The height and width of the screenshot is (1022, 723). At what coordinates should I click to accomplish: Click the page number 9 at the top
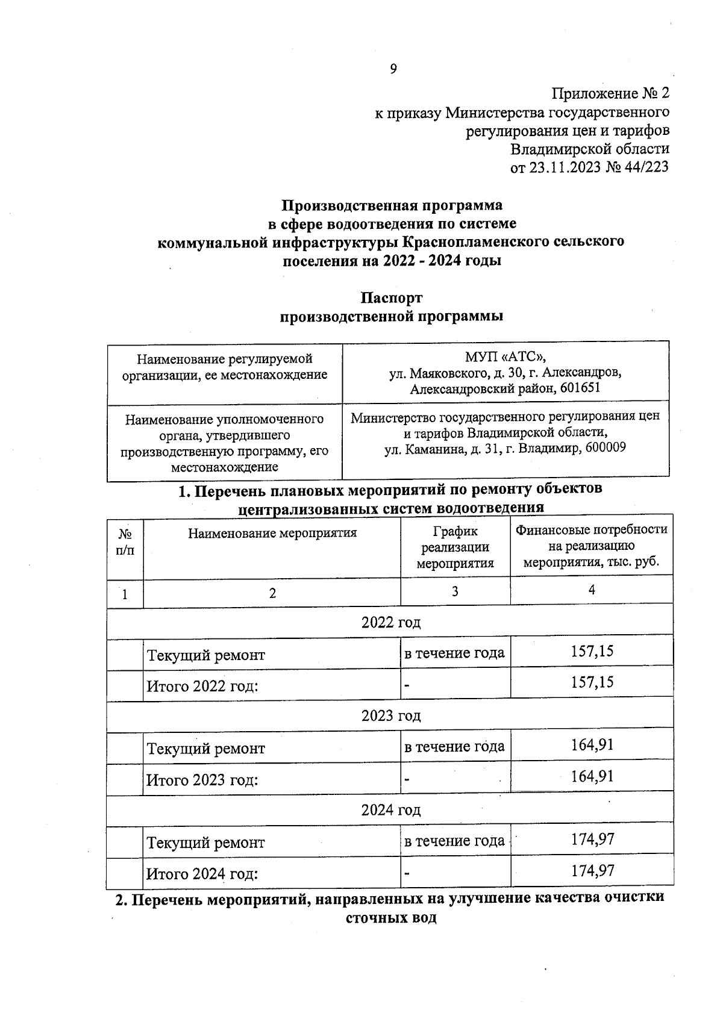pos(393,69)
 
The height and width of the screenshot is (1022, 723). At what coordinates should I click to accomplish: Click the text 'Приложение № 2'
pos(610,93)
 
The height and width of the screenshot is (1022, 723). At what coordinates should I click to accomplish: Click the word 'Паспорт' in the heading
pos(392,298)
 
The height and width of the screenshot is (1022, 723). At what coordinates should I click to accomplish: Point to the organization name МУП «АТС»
pos(505,357)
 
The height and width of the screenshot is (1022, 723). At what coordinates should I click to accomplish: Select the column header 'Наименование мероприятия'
pos(272,533)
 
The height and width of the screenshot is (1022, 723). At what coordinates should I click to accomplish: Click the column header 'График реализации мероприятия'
pos(455,547)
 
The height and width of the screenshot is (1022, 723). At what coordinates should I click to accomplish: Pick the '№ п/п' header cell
pos(125,542)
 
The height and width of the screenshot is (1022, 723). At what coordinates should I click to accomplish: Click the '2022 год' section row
pos(390,622)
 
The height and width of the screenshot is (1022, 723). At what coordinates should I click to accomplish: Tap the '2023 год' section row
pos(390,716)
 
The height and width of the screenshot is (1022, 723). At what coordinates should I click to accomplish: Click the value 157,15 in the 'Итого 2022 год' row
pos(592,682)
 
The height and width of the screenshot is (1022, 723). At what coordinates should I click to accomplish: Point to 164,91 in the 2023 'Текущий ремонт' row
pos(592,745)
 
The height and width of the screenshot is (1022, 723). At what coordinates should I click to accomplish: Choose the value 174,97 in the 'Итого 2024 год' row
pos(592,871)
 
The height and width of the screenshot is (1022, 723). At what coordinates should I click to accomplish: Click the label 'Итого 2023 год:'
pos(202,781)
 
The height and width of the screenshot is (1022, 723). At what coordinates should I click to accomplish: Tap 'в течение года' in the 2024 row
pos(454,841)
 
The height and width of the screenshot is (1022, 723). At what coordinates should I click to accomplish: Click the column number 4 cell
pos(592,590)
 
